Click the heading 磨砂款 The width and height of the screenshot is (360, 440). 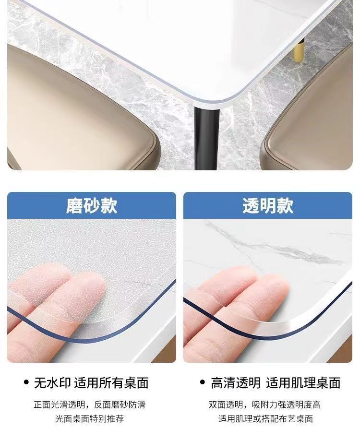pos(92,206)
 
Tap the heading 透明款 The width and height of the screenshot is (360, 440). pos(268,206)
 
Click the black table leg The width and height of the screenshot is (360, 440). pos(207,138)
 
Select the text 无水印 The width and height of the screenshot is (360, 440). pos(52,383)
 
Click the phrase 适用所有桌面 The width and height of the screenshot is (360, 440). pos(111,383)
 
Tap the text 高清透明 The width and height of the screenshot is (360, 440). pos(236,383)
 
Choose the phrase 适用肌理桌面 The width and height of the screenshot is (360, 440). pos(303,383)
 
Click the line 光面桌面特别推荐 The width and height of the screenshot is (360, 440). pos(89,419)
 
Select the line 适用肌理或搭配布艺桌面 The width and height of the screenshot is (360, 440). pos(265,419)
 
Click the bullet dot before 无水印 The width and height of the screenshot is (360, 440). pos(26,382)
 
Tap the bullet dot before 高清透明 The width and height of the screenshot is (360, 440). pos(203,382)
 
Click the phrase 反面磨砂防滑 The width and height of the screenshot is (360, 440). pos(120,405)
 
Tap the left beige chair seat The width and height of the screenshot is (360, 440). pos(79,109)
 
